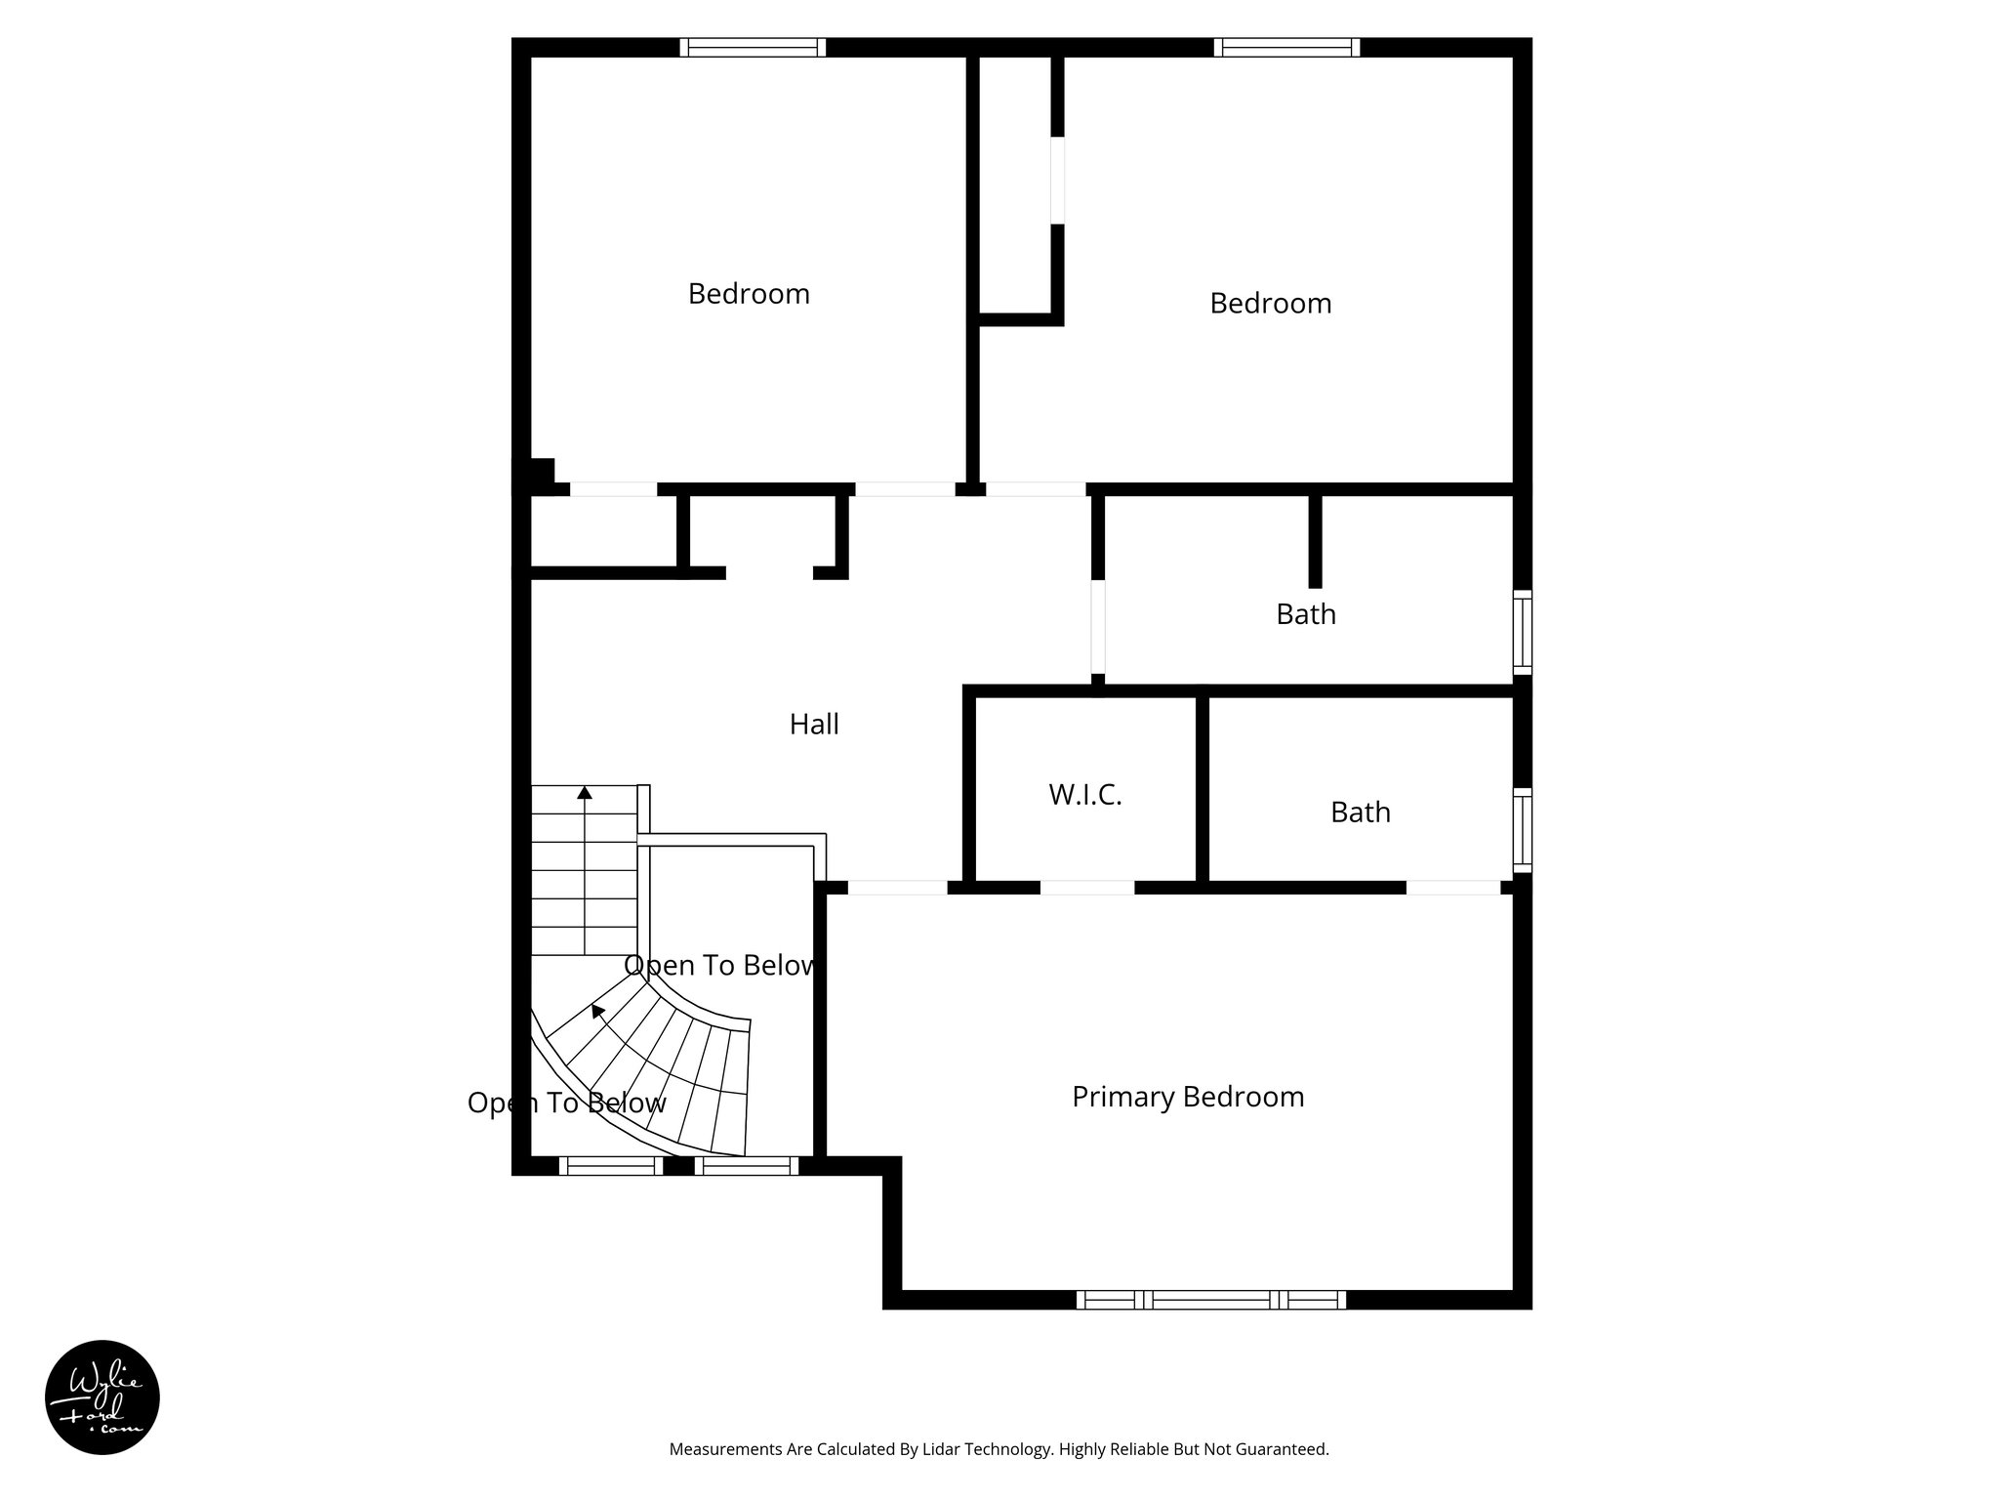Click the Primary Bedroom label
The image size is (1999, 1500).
tap(1188, 1097)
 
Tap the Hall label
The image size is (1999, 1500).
tap(814, 725)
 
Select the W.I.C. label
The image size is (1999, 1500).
tap(1085, 795)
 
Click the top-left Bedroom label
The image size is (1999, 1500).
tap(749, 294)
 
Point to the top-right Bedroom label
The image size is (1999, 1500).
tap(1270, 304)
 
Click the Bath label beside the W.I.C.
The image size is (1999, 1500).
tap(1360, 812)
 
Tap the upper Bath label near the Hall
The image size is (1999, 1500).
tap(1306, 614)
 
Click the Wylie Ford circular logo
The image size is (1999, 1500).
tap(102, 1397)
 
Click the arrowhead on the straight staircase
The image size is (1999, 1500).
tap(585, 793)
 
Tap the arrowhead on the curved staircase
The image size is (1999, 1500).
tap(598, 1011)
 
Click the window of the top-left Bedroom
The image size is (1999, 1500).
tap(753, 47)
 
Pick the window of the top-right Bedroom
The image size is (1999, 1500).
tap(1286, 47)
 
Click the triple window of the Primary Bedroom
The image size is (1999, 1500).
tap(1211, 1299)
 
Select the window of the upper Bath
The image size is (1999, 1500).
tap(1522, 632)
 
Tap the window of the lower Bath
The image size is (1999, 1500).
tap(1522, 830)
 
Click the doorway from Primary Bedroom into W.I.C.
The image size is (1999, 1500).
tap(1087, 888)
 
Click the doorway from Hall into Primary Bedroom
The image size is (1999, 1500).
tap(897, 888)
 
